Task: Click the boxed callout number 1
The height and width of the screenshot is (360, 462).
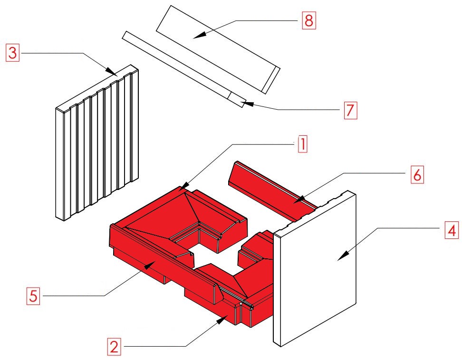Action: pyautogui.click(x=303, y=144)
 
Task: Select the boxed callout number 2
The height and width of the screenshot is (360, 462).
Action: pyautogui.click(x=114, y=347)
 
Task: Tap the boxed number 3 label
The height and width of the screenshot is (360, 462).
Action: pyautogui.click(x=13, y=53)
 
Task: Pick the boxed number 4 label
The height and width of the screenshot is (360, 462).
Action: pyautogui.click(x=452, y=230)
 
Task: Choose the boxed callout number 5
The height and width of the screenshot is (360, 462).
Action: pyautogui.click(x=33, y=296)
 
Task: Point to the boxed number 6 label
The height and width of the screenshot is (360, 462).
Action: pyautogui.click(x=417, y=175)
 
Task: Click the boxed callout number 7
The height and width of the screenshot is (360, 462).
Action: pyautogui.click(x=350, y=110)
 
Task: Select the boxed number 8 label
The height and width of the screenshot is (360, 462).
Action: pyautogui.click(x=309, y=20)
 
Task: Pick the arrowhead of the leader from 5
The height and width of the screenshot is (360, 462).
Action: pyautogui.click(x=149, y=265)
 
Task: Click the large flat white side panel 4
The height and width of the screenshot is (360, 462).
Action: pyautogui.click(x=315, y=268)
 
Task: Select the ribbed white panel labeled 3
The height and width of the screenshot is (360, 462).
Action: pyautogui.click(x=97, y=142)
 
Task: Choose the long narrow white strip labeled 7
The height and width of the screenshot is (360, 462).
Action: pyautogui.click(x=184, y=69)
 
